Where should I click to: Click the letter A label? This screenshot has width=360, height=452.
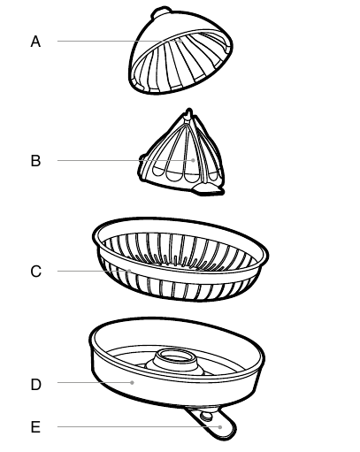(35, 42)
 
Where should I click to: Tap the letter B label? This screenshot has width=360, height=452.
(35, 161)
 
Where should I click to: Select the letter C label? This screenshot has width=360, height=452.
(35, 272)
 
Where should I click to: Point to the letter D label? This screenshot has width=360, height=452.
(35, 385)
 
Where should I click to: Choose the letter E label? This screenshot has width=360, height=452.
(35, 427)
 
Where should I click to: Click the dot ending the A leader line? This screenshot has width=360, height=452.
(180, 42)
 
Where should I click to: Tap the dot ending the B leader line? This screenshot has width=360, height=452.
(193, 160)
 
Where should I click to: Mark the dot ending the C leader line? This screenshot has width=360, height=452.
(129, 271)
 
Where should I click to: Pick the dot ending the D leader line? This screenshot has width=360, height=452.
(133, 383)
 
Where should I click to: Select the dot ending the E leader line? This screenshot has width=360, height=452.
(220, 427)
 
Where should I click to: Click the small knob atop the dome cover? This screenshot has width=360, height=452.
(161, 11)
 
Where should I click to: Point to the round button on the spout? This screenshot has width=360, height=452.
(206, 417)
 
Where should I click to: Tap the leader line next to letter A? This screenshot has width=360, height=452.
(118, 41)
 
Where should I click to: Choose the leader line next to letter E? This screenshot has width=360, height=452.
(138, 426)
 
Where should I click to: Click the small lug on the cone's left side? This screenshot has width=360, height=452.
(142, 158)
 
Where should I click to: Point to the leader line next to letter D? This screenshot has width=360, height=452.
(94, 382)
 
